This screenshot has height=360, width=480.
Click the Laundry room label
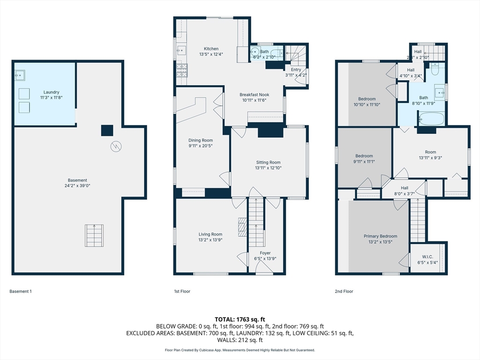pos(52,92)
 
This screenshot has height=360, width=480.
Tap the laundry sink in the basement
pos(20,74)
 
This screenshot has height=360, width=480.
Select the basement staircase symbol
pos(94,235)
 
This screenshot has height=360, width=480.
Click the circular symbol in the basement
pos(115,147)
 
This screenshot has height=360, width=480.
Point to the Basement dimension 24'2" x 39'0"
pos(77,186)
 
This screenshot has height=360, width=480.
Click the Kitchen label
pos(211,49)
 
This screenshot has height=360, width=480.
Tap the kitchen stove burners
pos(181,70)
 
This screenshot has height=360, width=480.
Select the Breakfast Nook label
pos(254,95)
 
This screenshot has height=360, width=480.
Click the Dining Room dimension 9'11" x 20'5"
pos(201,146)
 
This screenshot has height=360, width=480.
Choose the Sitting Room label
pos(268,162)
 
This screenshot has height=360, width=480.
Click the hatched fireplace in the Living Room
pos(242,228)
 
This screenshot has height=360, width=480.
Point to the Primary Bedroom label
pos(381,236)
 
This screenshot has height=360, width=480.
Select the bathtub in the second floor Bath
pos(431,119)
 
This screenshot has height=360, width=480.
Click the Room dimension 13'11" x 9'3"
pos(430,158)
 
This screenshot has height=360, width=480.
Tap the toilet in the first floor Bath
pos(256,52)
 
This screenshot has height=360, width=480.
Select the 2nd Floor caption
pos(344,292)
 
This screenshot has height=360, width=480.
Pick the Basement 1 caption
pos(21,292)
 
